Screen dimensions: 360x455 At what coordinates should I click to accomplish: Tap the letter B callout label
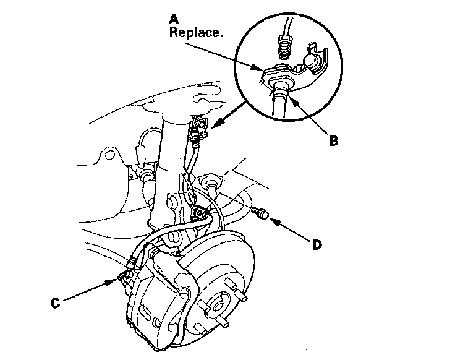pos(334,140)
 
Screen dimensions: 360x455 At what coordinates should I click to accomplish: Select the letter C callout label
pos(54,304)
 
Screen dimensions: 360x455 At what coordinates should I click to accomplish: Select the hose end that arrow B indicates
pos(279,93)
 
